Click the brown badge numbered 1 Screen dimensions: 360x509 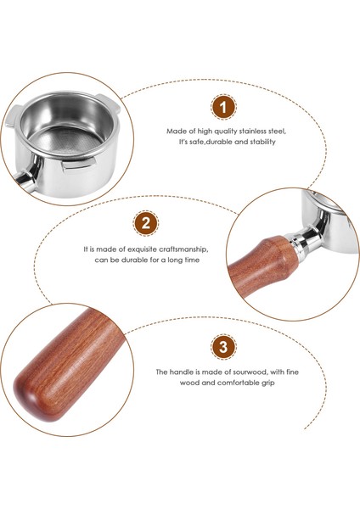click(223, 107)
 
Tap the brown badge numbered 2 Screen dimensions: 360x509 click(146, 223)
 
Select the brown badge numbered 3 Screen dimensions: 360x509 click(223, 347)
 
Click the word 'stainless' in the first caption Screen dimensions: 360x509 click(253, 131)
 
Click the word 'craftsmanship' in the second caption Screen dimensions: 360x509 click(184, 249)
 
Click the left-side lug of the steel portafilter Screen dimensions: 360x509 click(12, 117)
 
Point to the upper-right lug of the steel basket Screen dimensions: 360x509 click(109, 103)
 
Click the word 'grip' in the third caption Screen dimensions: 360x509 click(267, 383)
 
